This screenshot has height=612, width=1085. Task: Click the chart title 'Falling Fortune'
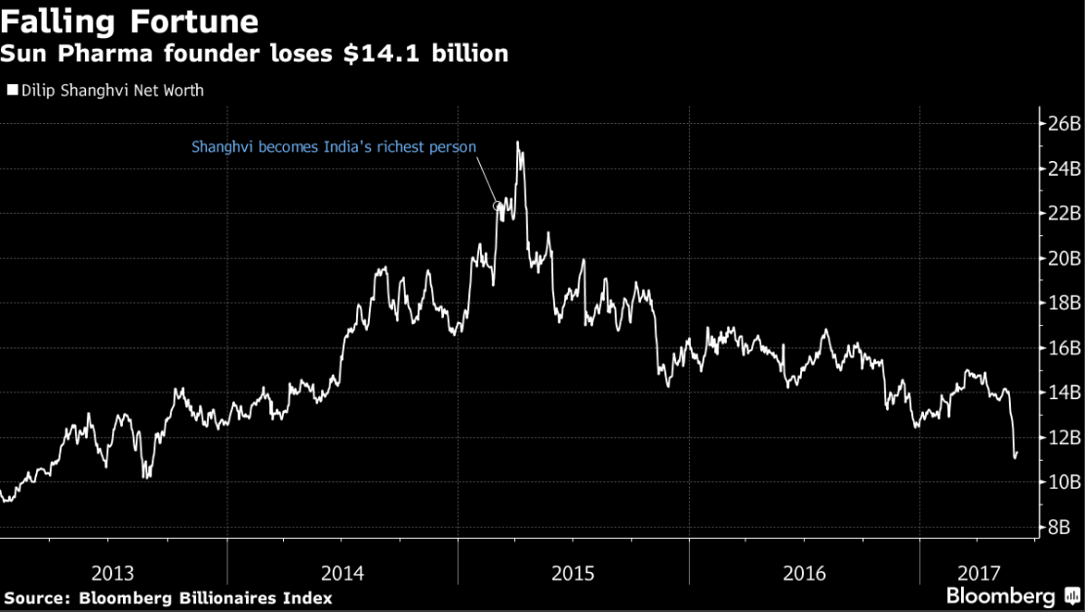(130, 20)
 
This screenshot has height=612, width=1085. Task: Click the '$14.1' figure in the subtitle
(382, 54)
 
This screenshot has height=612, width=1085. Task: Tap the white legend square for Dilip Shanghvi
(13, 89)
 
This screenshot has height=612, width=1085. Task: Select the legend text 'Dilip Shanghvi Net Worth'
(112, 90)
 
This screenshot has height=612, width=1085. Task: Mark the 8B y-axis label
(1060, 527)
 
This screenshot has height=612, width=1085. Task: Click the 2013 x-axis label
(113, 573)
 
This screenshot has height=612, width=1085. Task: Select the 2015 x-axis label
(573, 573)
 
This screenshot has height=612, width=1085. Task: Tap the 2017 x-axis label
(979, 573)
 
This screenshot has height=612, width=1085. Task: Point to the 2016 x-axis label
(804, 573)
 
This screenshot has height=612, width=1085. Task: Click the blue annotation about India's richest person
(334, 147)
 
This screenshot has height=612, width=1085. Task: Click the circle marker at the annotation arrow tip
(497, 206)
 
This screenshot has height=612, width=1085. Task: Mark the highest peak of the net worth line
(517, 143)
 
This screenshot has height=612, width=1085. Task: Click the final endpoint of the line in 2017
(1017, 453)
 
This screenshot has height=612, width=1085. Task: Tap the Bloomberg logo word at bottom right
(1000, 596)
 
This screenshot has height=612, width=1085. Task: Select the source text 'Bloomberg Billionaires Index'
(206, 598)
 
